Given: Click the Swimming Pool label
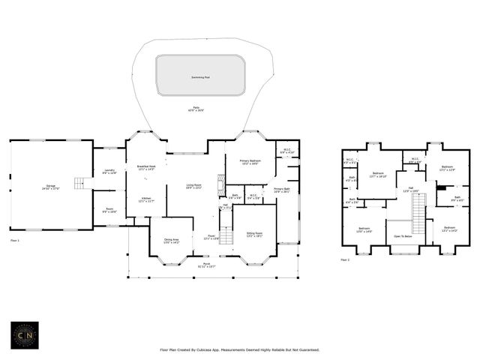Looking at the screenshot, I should [200, 76].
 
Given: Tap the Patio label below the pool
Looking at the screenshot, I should [196, 109].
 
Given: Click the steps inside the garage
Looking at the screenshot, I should [80, 183].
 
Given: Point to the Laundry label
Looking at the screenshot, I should [109, 172].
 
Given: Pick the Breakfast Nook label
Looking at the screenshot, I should [146, 167].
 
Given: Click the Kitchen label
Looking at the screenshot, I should [145, 199].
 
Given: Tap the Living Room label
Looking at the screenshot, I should [194, 187].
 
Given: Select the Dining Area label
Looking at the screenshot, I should [172, 241].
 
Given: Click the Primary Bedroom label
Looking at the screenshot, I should [250, 162].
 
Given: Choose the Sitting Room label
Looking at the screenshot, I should [255, 234].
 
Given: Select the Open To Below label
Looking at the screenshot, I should [403, 236].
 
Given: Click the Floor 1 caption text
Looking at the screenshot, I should [15, 240].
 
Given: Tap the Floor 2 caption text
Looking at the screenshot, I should [345, 259].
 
